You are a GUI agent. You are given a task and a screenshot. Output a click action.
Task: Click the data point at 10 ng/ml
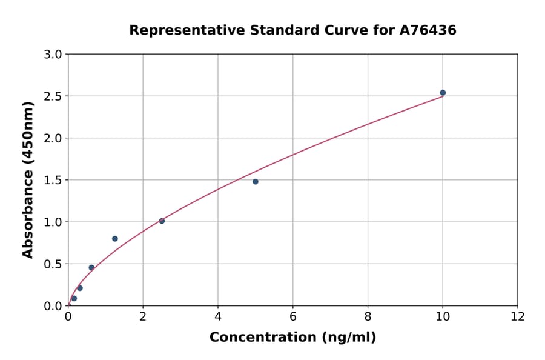pyautogui.click(x=443, y=93)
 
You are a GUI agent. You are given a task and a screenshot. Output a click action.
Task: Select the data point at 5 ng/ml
pyautogui.click(x=256, y=182)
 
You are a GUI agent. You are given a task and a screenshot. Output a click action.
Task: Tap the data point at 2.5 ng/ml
pyautogui.click(x=162, y=221)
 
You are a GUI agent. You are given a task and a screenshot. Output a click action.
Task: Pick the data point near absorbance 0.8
pyautogui.click(x=115, y=239)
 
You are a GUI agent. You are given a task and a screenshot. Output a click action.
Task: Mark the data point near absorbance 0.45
pyautogui.click(x=91, y=268)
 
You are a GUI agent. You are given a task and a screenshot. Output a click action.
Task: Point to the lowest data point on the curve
pyautogui.click(x=74, y=298)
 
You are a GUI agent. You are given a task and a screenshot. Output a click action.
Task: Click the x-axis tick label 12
pyautogui.click(x=518, y=316)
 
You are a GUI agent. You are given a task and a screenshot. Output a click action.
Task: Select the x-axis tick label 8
pyautogui.click(x=368, y=316)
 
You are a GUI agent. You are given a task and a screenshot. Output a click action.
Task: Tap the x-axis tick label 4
pyautogui.click(x=218, y=316)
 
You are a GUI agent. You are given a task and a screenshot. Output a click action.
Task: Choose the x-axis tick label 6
pyautogui.click(x=293, y=316)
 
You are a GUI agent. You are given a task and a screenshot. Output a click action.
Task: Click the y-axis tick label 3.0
pyautogui.click(x=53, y=55)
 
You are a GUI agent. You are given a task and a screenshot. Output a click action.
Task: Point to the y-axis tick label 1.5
pyautogui.click(x=53, y=180)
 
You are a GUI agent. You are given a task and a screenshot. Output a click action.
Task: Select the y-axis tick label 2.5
pyautogui.click(x=53, y=96)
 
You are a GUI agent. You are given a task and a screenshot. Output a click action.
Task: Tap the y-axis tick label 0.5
pyautogui.click(x=53, y=264)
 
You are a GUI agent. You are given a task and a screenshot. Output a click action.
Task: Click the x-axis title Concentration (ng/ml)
pyautogui.click(x=292, y=338)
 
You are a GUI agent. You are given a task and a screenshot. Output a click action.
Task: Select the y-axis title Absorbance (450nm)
pyautogui.click(x=28, y=179)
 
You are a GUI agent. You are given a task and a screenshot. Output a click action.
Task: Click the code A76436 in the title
pyautogui.click(x=428, y=30)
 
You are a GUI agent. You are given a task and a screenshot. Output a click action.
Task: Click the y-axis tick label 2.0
pyautogui.click(x=53, y=138)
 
